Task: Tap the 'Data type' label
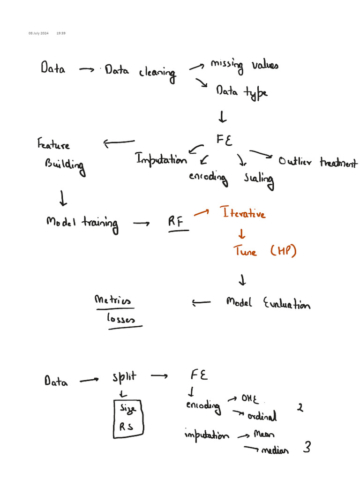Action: click(x=241, y=92)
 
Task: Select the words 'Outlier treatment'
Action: click(x=317, y=163)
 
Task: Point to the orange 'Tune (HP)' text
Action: click(x=265, y=251)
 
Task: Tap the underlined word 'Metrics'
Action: click(x=113, y=300)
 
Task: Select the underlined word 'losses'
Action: click(x=121, y=319)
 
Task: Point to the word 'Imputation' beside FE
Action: click(x=161, y=160)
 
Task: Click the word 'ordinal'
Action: click(x=262, y=416)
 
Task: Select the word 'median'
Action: click(x=275, y=451)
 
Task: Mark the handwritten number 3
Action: click(x=307, y=448)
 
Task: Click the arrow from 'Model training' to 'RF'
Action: click(x=142, y=224)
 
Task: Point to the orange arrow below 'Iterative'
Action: click(x=242, y=234)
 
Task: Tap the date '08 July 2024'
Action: click(x=38, y=33)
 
